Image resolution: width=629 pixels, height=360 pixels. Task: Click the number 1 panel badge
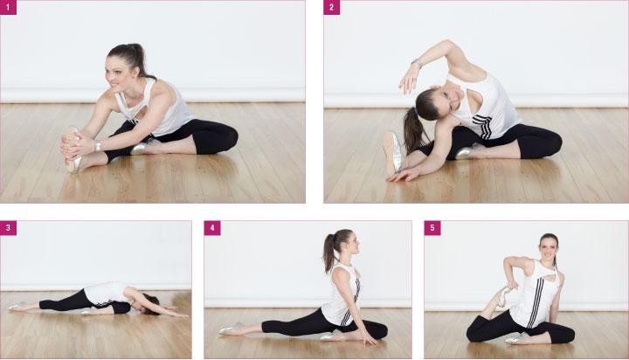(8, 7)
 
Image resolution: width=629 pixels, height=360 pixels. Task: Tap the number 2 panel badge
(332, 7)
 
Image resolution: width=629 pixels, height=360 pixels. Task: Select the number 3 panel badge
(8, 228)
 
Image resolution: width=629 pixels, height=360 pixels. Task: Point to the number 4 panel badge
(212, 228)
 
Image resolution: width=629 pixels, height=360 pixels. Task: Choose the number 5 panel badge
(432, 228)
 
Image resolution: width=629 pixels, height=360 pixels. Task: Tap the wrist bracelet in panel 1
(98, 146)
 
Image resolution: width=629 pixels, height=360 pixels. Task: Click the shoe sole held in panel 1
(73, 149)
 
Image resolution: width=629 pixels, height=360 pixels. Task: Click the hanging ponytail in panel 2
(412, 130)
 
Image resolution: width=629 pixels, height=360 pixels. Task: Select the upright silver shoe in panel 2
(392, 153)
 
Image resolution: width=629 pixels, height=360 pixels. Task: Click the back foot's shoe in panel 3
(17, 307)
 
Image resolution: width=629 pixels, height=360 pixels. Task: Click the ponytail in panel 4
(329, 252)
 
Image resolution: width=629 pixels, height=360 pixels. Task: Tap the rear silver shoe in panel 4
(231, 329)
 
